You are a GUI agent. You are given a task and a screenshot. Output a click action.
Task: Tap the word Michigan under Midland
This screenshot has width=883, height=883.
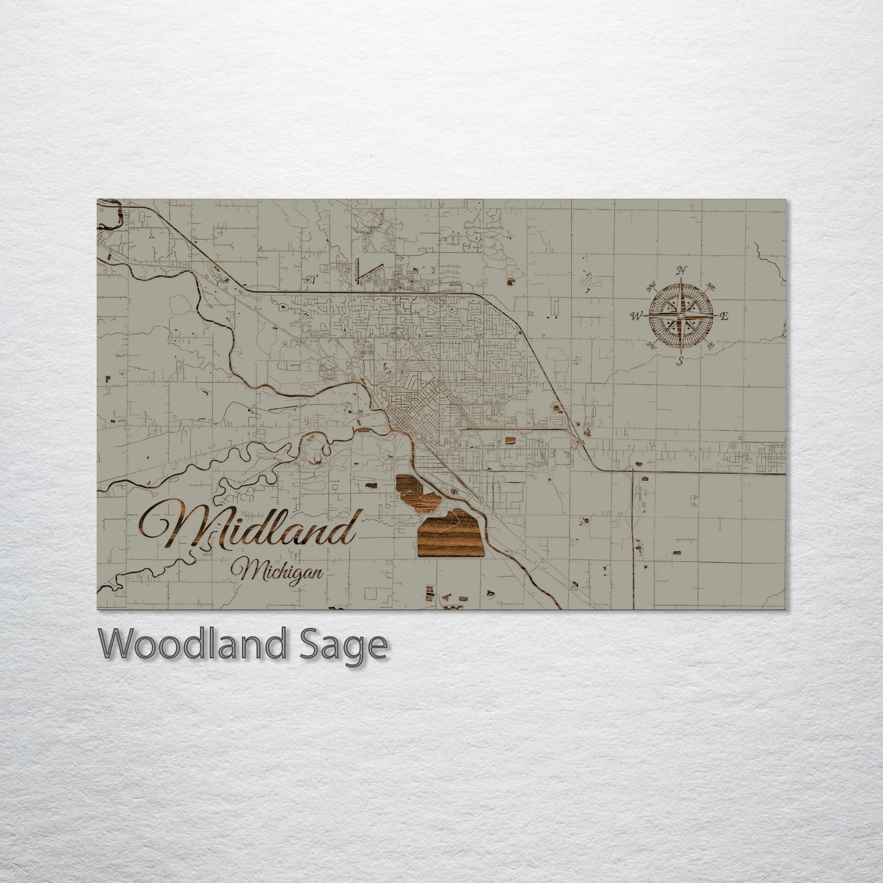pos(281,572)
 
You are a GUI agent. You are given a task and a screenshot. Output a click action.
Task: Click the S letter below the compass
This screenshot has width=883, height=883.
pos(680,362)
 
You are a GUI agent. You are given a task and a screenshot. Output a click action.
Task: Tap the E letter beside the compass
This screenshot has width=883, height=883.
pos(725,316)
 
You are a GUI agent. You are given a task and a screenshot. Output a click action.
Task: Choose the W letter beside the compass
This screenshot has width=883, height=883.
pos(636,316)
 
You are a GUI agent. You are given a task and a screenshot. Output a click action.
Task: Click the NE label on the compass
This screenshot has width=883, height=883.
pos(710,286)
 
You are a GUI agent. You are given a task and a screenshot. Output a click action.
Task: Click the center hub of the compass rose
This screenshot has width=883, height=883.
pos(680,315)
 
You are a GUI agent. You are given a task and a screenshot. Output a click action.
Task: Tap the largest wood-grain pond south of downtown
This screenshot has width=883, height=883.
pos(449,532)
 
